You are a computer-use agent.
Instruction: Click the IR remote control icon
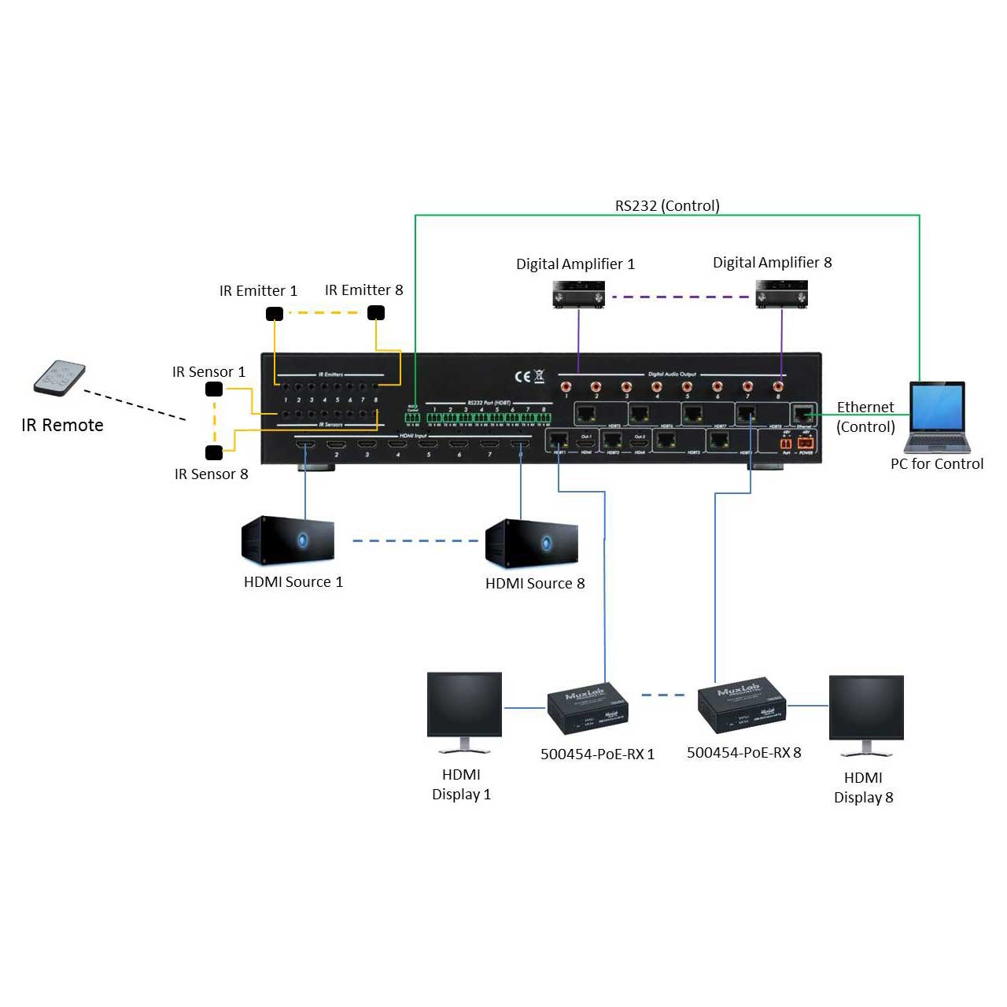[x=60, y=378]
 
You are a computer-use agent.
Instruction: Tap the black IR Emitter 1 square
[x=274, y=314]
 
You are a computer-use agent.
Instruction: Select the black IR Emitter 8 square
[x=376, y=312]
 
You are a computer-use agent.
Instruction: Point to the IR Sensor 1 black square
[x=214, y=389]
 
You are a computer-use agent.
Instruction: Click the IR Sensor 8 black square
[x=214, y=452]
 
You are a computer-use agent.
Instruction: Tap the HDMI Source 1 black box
[x=288, y=540]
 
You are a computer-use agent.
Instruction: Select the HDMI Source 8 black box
[x=532, y=543]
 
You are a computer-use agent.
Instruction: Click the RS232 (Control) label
[x=667, y=206]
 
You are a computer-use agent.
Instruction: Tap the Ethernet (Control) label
[x=865, y=417]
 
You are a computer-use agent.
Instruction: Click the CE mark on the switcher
[x=522, y=376]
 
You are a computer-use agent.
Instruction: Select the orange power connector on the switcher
[x=806, y=444]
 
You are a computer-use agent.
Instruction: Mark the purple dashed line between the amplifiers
[x=680, y=297]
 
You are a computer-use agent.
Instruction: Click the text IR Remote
[x=63, y=426]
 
